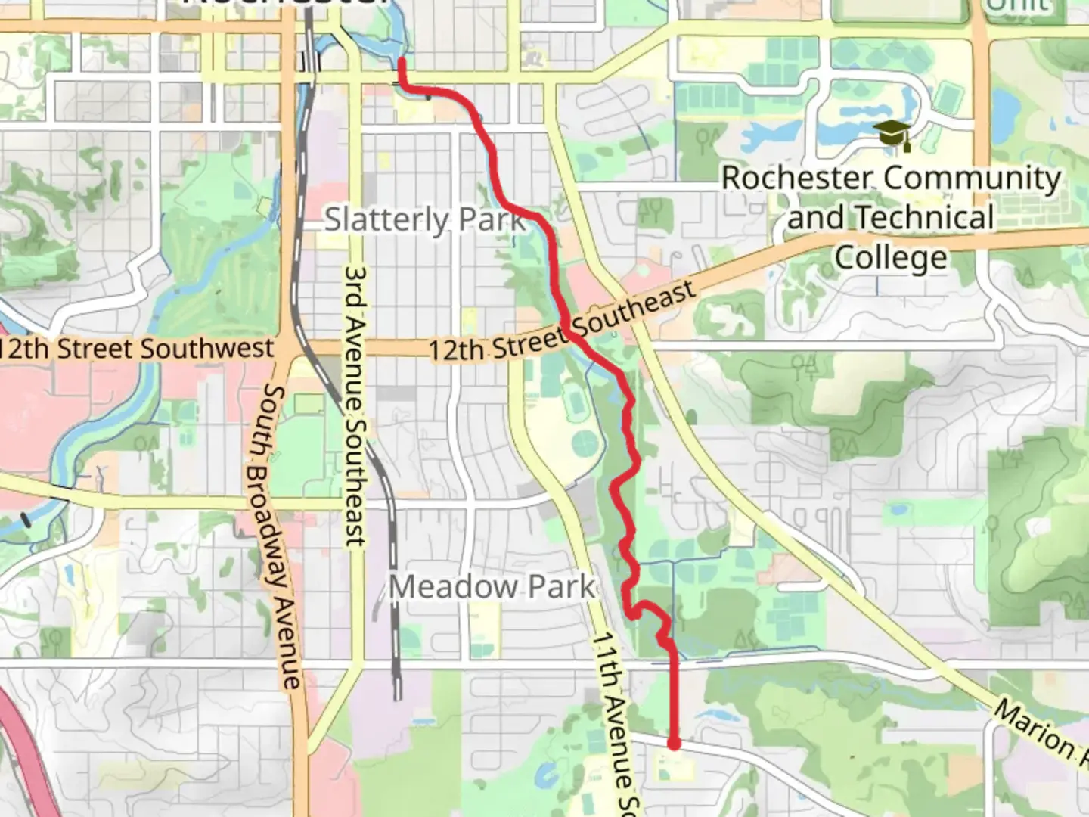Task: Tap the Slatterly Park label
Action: pos(425,219)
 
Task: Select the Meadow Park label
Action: pos(492,586)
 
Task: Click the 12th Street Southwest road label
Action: pos(136,349)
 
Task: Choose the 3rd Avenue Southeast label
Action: pos(355,405)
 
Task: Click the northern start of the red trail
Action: pos(402,60)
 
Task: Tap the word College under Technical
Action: pos(890,257)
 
